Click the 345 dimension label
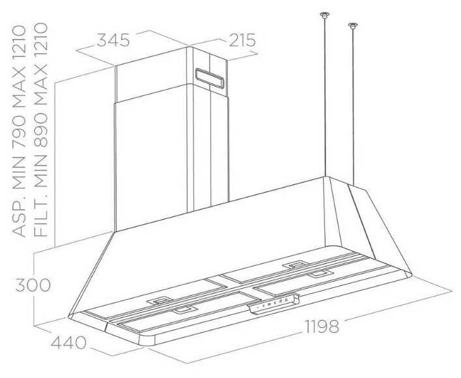[113, 40]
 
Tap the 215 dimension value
[241, 40]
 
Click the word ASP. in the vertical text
[19, 218]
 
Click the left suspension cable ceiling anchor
[324, 15]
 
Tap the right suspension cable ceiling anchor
[354, 26]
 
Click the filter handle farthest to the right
[319, 275]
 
